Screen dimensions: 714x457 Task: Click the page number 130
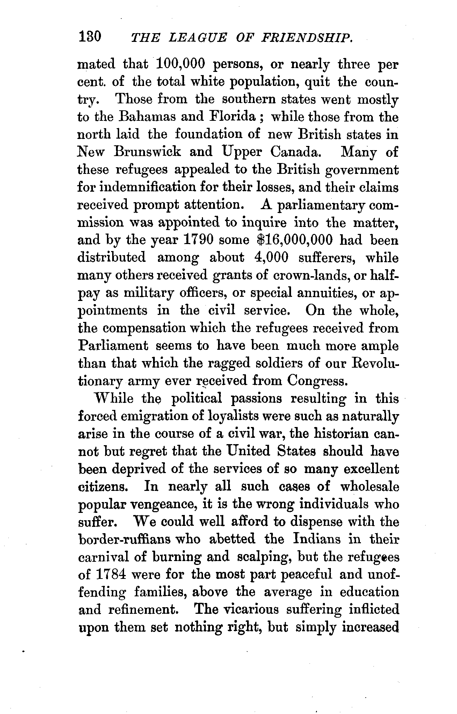(x=90, y=37)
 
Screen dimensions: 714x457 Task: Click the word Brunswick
(x=147, y=152)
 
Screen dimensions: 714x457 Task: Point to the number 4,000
(x=271, y=258)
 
